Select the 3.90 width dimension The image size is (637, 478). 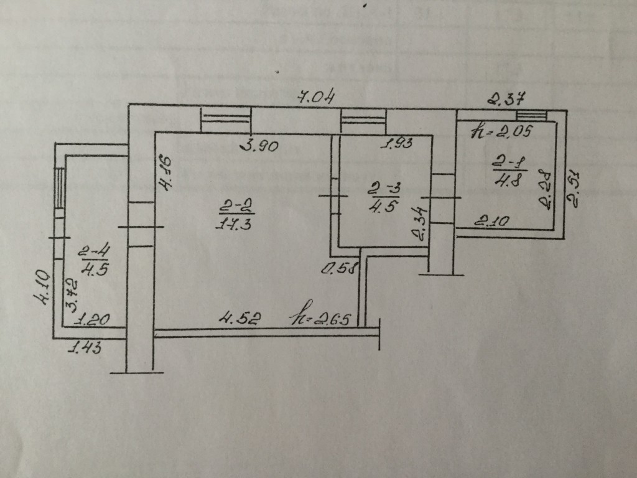259,148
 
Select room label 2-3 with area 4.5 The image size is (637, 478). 381,197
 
